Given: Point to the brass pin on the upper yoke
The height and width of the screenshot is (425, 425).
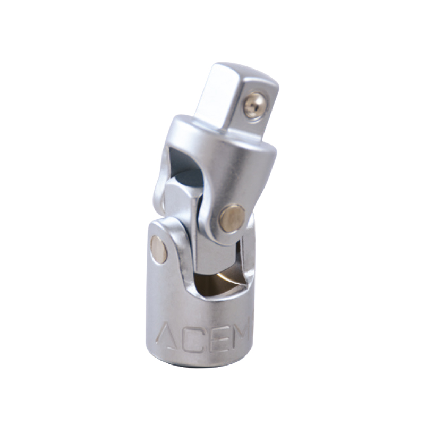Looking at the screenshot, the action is [x=233, y=218].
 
